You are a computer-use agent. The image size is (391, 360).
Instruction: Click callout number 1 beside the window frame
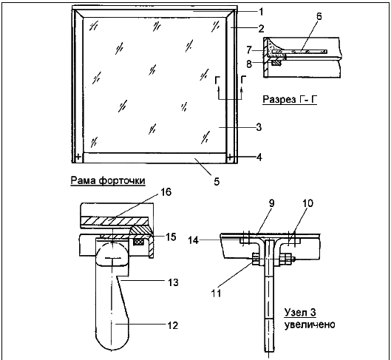pos(261,12)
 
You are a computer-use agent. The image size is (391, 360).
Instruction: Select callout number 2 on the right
pos(261,29)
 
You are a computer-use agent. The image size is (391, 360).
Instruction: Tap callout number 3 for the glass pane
pos(259,127)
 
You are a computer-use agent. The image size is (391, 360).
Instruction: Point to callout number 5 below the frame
pos(217,181)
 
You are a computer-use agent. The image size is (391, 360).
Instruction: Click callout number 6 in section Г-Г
pos(319,16)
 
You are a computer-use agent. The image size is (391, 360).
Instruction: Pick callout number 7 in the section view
pos(249,50)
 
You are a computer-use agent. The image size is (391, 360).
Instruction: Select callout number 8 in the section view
pos(249,64)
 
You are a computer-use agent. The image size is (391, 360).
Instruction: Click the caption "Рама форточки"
pos(108,180)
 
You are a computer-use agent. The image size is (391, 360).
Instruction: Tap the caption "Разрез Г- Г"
pos(290,99)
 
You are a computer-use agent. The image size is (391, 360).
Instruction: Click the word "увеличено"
pos(310,325)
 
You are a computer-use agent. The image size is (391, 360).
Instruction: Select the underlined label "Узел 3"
pos(300,313)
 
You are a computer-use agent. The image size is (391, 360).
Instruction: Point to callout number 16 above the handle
pos(166,192)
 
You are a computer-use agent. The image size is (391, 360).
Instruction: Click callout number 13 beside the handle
pos(173,282)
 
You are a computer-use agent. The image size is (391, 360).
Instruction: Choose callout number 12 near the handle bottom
pos(172,325)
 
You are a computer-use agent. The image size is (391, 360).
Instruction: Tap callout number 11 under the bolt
pos(217,293)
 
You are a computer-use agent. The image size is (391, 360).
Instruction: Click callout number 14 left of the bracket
pos(193,240)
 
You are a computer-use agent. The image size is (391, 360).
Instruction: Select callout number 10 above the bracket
pos(307,203)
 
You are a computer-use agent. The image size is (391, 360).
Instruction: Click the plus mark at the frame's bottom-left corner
pos(78,157)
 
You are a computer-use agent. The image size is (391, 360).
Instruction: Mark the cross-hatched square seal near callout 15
pos(139,241)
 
